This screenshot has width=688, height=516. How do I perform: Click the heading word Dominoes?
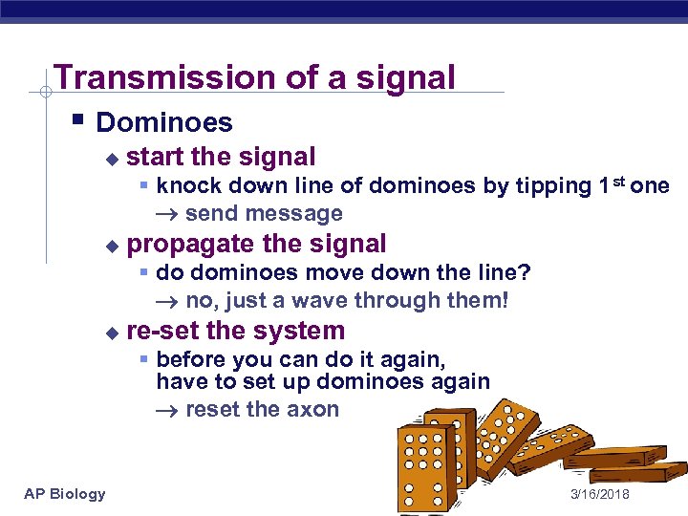(164, 122)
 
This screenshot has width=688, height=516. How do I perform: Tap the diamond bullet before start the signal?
(113, 158)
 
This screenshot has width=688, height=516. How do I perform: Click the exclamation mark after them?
(505, 302)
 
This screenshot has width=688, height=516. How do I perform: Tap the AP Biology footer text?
(64, 493)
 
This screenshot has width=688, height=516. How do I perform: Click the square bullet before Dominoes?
(76, 121)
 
